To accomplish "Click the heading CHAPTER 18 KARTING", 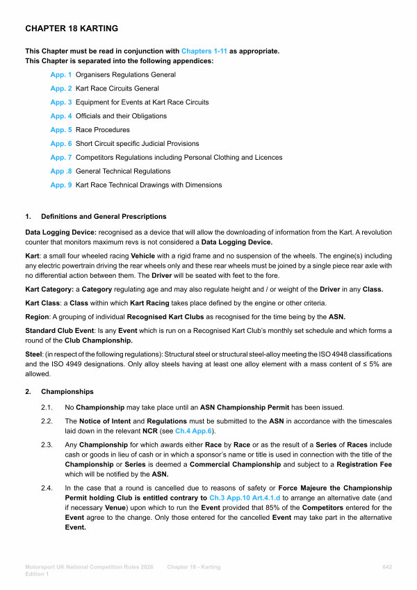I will click(x=72, y=29).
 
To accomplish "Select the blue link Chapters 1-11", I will click(x=204, y=51).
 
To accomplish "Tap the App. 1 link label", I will click(x=61, y=74).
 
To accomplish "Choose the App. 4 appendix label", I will click(x=61, y=116).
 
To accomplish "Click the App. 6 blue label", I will click(x=61, y=144).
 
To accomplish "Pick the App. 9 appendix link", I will click(x=61, y=185).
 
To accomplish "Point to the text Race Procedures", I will click(x=102, y=130).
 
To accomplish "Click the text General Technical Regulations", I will click(x=123, y=171).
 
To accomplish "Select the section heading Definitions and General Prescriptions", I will click(x=104, y=217).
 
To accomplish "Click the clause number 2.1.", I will click(x=47, y=407).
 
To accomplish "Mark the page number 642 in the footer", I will click(x=387, y=568).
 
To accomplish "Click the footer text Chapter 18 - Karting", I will click(x=194, y=568).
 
